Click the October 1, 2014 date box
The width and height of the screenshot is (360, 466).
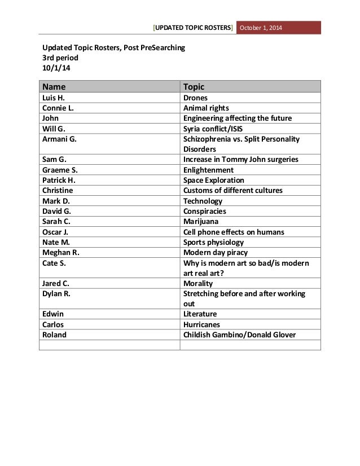[264, 28]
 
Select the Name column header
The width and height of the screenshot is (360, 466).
[54, 87]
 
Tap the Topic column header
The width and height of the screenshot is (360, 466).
[194, 87]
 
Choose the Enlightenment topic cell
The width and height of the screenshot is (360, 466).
[208, 170]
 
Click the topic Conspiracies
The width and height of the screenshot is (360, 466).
[204, 212]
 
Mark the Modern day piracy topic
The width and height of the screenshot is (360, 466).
[216, 253]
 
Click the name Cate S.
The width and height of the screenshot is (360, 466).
[54, 263]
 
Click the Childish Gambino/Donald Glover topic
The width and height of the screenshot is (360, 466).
[240, 335]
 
